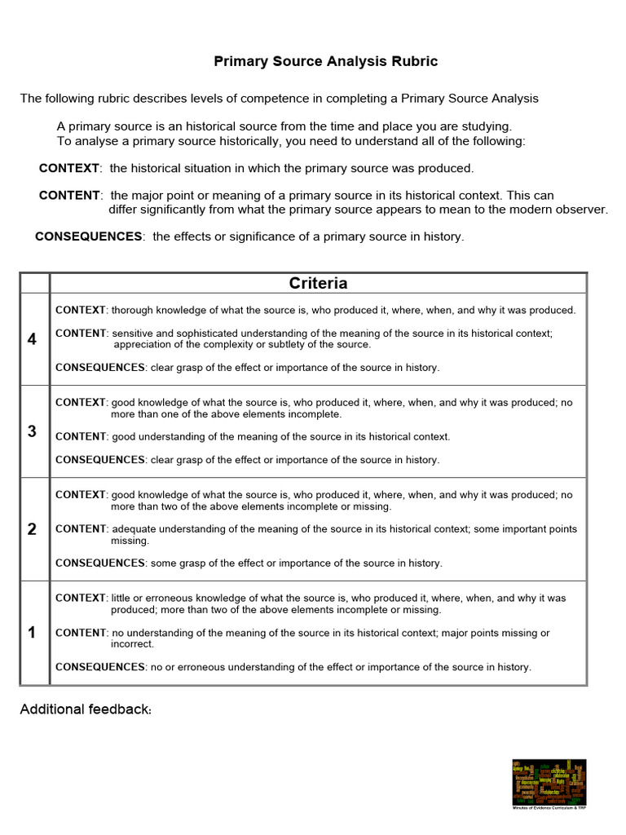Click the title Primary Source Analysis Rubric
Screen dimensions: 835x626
coord(325,61)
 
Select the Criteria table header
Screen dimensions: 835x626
coord(318,284)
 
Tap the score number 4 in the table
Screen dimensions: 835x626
coord(32,339)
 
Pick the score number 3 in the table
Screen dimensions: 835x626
coord(32,431)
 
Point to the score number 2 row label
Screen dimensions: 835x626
coord(32,529)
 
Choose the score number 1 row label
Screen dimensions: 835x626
coord(32,633)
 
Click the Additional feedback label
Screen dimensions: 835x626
coord(86,709)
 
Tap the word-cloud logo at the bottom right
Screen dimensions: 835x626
coord(549,782)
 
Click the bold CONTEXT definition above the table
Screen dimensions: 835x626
coord(70,168)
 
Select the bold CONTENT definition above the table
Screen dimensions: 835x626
coord(70,196)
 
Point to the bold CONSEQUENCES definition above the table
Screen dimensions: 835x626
coord(88,236)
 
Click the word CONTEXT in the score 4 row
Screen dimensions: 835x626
coord(81,310)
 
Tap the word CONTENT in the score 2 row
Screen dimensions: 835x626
coord(81,529)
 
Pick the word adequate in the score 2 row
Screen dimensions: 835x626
coord(134,529)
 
